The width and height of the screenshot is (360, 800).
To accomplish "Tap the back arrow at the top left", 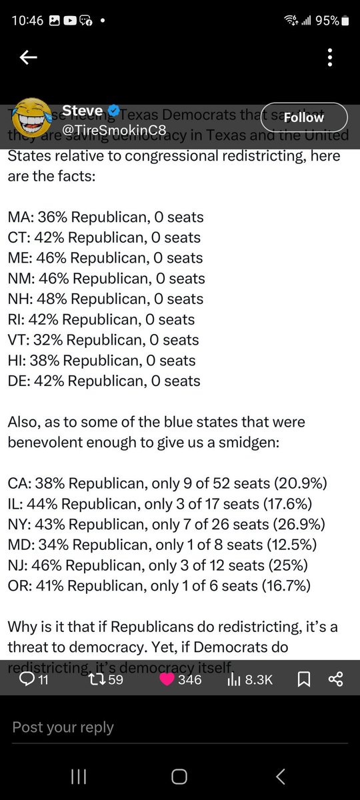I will coord(28,58).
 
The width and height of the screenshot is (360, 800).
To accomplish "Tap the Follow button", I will coord(303,117).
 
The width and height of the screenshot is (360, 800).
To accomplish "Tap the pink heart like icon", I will coord(168,679).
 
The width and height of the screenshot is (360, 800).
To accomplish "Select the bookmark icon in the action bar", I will coord(303,679).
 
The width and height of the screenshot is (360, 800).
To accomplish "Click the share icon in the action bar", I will coord(335,679).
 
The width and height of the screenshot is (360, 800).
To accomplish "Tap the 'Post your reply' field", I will coord(63,727).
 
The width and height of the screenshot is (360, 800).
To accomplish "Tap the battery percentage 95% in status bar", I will coord(327,21).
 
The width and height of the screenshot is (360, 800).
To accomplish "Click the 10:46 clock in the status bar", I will coord(27,21).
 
